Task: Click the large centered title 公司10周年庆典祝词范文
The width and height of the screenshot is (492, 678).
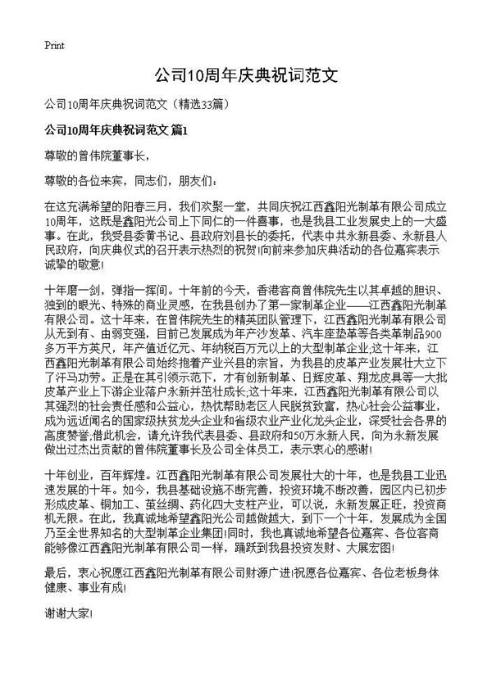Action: [246, 76]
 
